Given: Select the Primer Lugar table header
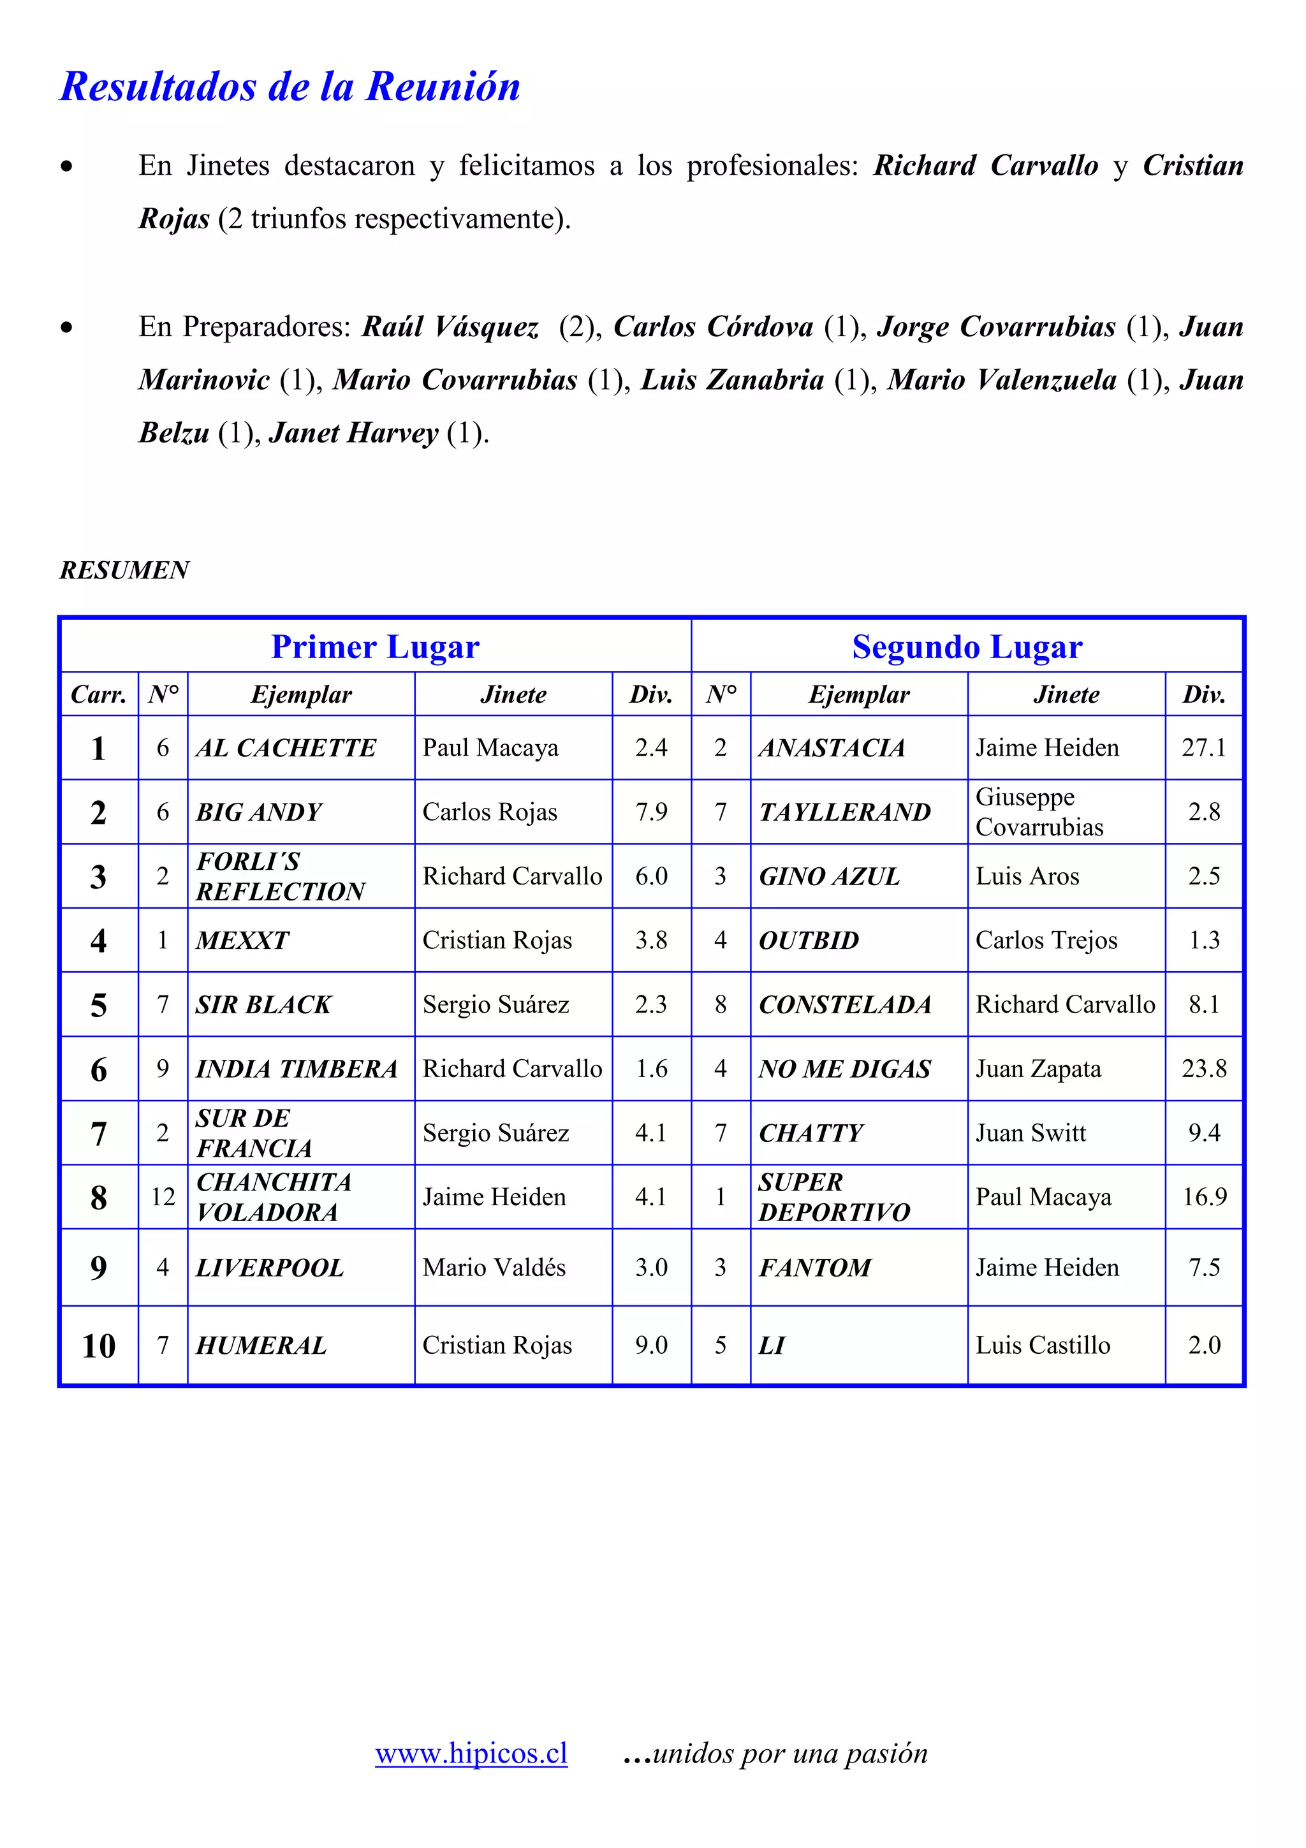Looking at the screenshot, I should tap(375, 647).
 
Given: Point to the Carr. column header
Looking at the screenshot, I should tap(99, 694).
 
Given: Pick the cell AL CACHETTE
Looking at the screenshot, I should tap(286, 748).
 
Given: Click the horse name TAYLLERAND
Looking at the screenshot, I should tap(844, 812).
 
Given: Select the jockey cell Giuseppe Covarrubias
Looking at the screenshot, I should tap(1039, 812).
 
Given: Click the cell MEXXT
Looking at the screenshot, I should tap(242, 940).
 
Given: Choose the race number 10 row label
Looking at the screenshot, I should tap(99, 1346).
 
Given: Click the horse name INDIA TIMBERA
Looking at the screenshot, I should tap(296, 1069).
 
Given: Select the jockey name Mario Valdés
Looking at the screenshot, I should tap(494, 1268).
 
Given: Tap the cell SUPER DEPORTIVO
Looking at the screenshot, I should tap(833, 1197).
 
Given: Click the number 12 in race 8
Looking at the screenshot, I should tap(163, 1197).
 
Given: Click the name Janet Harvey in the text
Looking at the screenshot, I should tap(353, 433).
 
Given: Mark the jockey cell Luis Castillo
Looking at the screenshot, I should tap(1043, 1345).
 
